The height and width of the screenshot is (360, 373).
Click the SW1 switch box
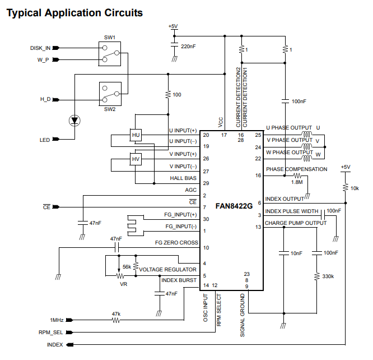[109, 53]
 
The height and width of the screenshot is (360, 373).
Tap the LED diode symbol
[74, 120]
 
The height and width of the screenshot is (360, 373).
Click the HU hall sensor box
[136, 135]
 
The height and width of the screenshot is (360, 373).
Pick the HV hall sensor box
[136, 160]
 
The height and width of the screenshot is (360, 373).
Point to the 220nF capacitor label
[189, 46]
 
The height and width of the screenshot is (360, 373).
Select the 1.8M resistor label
[297, 182]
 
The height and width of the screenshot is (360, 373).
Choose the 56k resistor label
[127, 267]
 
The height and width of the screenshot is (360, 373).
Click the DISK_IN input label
[40, 48]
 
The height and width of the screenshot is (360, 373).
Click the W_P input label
[43, 59]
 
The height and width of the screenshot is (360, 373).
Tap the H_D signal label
[45, 99]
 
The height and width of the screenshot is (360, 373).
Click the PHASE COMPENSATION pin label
[296, 169]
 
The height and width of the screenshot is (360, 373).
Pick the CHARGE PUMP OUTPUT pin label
[295, 223]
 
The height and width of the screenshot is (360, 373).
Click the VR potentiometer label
[123, 284]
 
